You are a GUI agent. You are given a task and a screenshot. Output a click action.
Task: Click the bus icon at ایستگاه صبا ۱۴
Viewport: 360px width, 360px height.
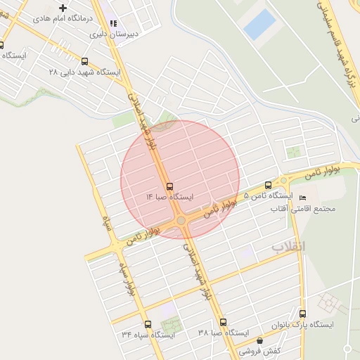pyautogui.click(x=169, y=186)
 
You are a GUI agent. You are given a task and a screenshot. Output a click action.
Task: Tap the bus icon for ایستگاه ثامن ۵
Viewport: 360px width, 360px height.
pyautogui.click(x=268, y=185)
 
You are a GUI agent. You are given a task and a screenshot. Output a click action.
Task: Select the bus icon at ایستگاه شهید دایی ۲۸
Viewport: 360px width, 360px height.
pyautogui.click(x=85, y=62)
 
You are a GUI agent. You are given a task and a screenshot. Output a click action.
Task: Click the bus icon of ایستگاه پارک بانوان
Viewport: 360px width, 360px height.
pyautogui.click(x=302, y=314)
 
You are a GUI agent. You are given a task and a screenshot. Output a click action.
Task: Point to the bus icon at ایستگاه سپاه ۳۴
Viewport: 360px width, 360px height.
pyautogui.click(x=148, y=325)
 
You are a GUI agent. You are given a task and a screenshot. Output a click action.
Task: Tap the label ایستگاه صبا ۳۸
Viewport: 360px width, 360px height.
pyautogui.click(x=224, y=332)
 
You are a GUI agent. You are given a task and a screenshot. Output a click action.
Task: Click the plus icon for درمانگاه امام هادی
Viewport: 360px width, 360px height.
pyautogui.click(x=63, y=8)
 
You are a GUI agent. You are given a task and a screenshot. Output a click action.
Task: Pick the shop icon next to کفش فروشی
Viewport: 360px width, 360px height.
pyautogui.click(x=259, y=340)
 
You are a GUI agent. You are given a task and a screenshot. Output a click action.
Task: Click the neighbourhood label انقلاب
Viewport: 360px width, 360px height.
pyautogui.click(x=288, y=247)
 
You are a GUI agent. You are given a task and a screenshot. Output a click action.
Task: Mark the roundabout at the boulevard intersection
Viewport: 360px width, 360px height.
pyautogui.click(x=181, y=221)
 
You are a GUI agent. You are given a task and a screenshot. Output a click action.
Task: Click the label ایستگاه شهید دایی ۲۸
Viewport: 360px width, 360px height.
pyautogui.click(x=84, y=72)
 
